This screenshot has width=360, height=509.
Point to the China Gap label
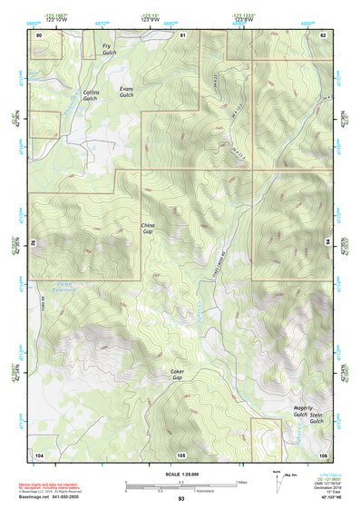click(x=149, y=229)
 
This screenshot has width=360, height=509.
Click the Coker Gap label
click(x=179, y=376)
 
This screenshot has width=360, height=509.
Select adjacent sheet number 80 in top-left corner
click(x=39, y=34)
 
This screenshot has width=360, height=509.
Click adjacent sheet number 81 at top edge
click(x=182, y=34)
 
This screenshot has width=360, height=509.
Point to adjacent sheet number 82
click(x=323, y=34)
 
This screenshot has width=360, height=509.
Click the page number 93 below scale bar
click(x=181, y=498)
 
